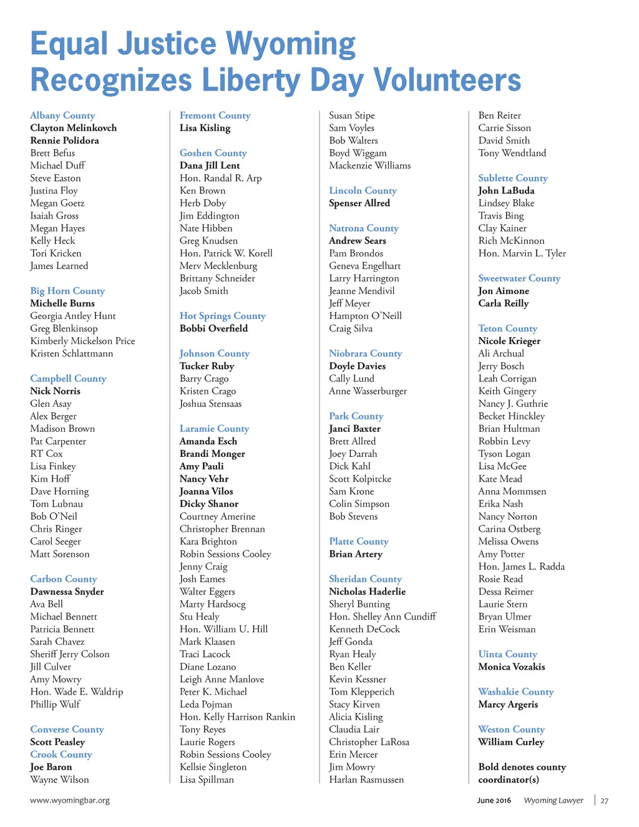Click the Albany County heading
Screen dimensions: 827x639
pos(62,115)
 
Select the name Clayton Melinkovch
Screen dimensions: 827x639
pos(73,128)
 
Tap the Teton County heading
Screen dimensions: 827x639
pos(507,328)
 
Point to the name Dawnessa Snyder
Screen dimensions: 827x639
pos(67,592)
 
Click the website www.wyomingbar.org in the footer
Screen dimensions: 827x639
pos(70,800)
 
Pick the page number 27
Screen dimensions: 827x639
pos(604,801)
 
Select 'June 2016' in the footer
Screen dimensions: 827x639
pos(494,800)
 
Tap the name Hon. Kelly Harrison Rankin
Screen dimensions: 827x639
pos(237,717)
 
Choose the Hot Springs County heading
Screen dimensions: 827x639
pos(222,316)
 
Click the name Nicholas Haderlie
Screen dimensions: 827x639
pos(367,592)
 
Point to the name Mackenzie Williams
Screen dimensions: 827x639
pos(369,165)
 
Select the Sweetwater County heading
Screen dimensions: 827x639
pos(519,278)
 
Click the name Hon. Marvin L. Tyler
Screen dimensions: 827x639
pos(522,253)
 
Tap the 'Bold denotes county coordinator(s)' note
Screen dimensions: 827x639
pos(522,773)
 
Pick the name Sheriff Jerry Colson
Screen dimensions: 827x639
pos(69,654)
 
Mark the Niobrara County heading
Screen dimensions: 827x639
pos(365,353)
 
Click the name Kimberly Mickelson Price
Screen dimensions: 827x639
pos(82,341)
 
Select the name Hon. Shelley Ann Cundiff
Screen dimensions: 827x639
pos(383,617)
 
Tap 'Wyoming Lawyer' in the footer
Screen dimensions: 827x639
pos(554,800)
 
